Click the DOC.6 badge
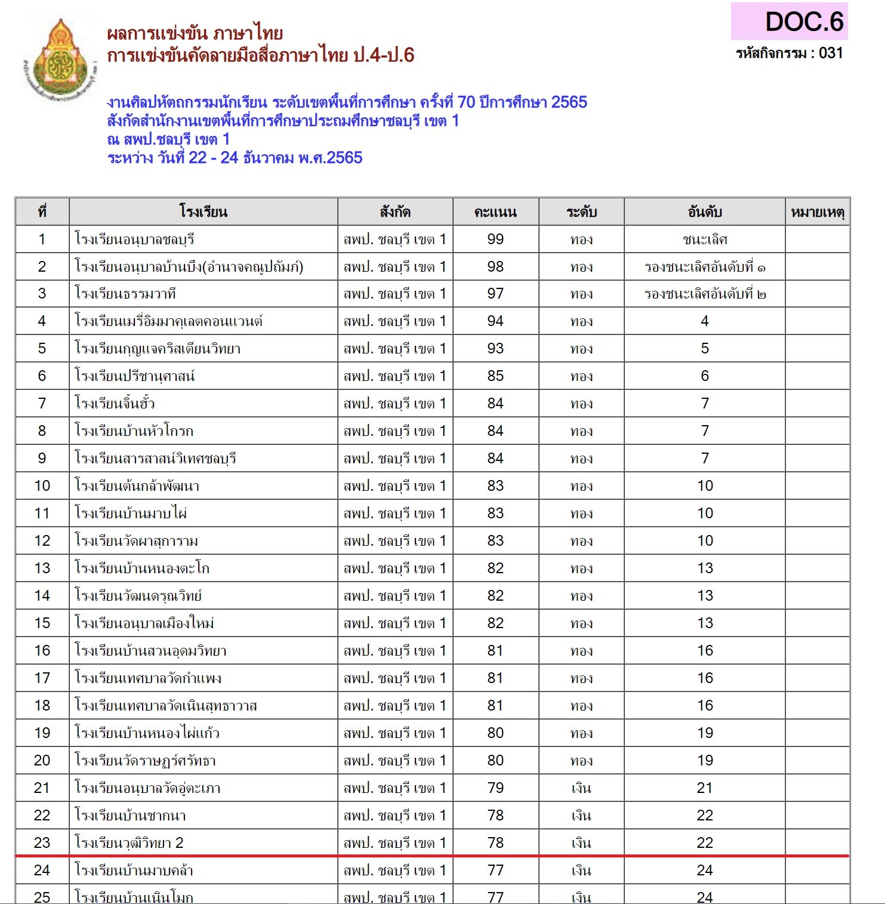coord(789,22)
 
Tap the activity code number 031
coord(831,53)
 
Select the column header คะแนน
coord(495,212)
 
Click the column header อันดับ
coord(704,212)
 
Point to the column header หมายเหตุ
coord(817,212)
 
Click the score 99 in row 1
coord(495,239)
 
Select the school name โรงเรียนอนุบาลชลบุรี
coord(135,239)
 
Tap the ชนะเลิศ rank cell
coord(704,239)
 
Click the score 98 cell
coord(495,267)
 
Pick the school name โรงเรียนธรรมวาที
coord(125,294)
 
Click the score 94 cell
coord(495,321)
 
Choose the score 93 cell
coord(495,349)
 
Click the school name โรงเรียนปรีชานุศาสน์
coord(135,376)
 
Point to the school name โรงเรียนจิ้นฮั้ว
coord(115,404)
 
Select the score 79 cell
coord(495,788)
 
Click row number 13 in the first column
coord(42,568)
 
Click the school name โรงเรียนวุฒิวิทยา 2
coord(129,843)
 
